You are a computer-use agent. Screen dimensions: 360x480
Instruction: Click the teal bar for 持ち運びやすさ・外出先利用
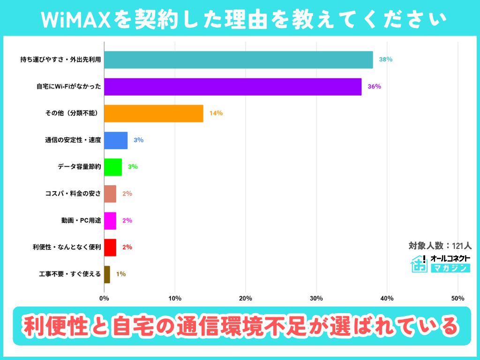pos(238,60)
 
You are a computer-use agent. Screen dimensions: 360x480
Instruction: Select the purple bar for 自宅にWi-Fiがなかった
pos(232,87)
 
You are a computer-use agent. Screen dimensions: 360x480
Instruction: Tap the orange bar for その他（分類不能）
pos(153,113)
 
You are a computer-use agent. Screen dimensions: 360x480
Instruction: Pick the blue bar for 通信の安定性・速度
pos(116,140)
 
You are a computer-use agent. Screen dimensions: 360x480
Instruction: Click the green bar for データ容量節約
pos(113,167)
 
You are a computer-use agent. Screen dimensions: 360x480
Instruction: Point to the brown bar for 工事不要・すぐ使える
pos(107,274)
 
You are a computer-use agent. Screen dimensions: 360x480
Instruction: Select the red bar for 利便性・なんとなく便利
pos(110,247)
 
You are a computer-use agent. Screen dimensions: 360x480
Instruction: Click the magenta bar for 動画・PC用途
pos(110,220)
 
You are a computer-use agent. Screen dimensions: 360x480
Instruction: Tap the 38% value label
pos(386,60)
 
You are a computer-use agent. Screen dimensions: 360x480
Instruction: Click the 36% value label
pos(374,87)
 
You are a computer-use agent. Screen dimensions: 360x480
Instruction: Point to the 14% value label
pos(216,113)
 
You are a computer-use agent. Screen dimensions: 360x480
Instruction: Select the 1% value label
pos(121,274)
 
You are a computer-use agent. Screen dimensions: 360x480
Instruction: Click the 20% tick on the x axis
pos(246,298)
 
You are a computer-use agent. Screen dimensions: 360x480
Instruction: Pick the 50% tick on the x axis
pos(457,298)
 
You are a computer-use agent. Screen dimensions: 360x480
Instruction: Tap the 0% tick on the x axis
pos(104,298)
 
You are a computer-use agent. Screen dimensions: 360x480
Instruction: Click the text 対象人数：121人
pos(440,245)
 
